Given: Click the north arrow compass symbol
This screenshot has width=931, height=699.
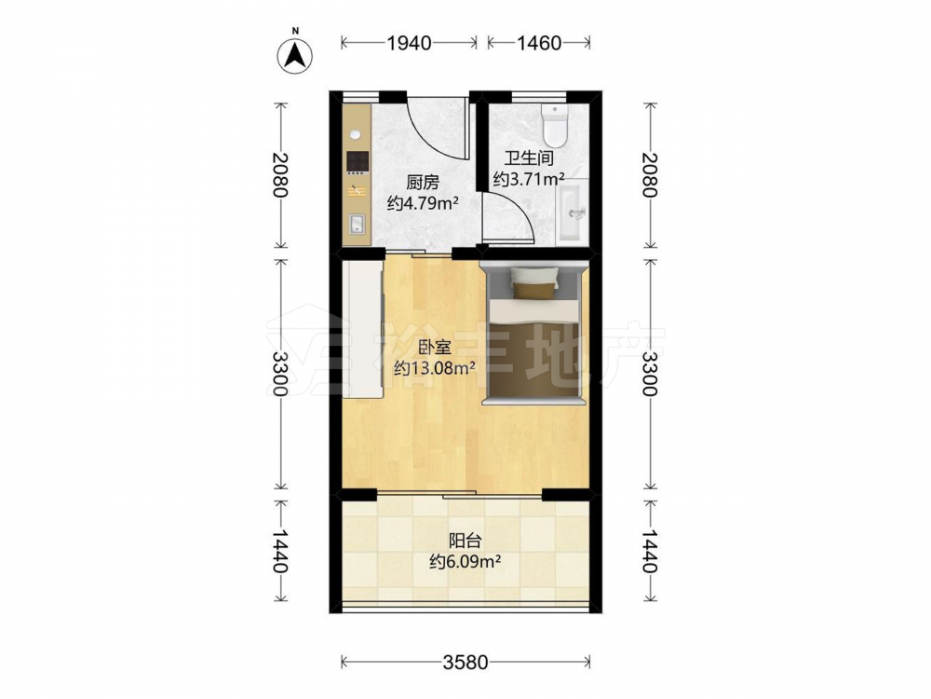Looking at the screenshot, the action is click(295, 57).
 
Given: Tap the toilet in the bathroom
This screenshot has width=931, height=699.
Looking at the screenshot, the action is click(555, 126).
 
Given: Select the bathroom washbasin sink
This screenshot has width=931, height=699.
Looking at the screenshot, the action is click(572, 211).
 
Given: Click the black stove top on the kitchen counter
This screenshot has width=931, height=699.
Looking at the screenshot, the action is click(357, 162).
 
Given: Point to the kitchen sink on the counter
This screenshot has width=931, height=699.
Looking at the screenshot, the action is click(358, 224).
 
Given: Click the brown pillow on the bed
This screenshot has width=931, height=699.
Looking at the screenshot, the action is click(535, 290).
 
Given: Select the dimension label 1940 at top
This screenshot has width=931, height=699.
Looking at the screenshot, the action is click(409, 43).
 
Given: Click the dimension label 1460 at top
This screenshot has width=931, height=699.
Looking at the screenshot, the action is click(538, 43).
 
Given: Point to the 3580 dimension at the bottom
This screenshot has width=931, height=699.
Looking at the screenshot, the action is click(465, 662).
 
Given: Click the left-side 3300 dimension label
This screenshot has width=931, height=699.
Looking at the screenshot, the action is click(279, 374).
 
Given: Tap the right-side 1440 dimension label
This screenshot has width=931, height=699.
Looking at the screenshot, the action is click(650, 551).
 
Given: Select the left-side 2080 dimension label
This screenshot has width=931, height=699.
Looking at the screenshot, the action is click(279, 175).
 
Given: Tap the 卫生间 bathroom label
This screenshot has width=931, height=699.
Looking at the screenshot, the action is click(529, 158).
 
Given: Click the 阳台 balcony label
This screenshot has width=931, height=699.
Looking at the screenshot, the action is click(465, 541).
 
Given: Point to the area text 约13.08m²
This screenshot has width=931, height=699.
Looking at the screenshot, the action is click(435, 368).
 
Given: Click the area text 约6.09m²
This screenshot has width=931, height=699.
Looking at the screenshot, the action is click(465, 561).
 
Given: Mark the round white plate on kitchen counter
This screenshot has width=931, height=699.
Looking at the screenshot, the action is click(355, 134).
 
